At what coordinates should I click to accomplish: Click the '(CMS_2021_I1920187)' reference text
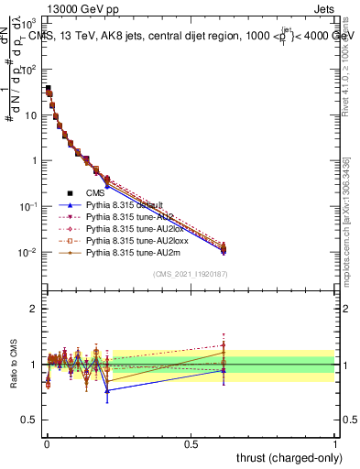190,273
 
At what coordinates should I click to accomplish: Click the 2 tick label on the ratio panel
32,309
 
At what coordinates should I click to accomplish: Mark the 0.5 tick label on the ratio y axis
28,420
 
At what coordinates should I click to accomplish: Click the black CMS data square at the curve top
48,89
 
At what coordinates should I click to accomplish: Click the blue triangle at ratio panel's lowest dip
108,390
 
